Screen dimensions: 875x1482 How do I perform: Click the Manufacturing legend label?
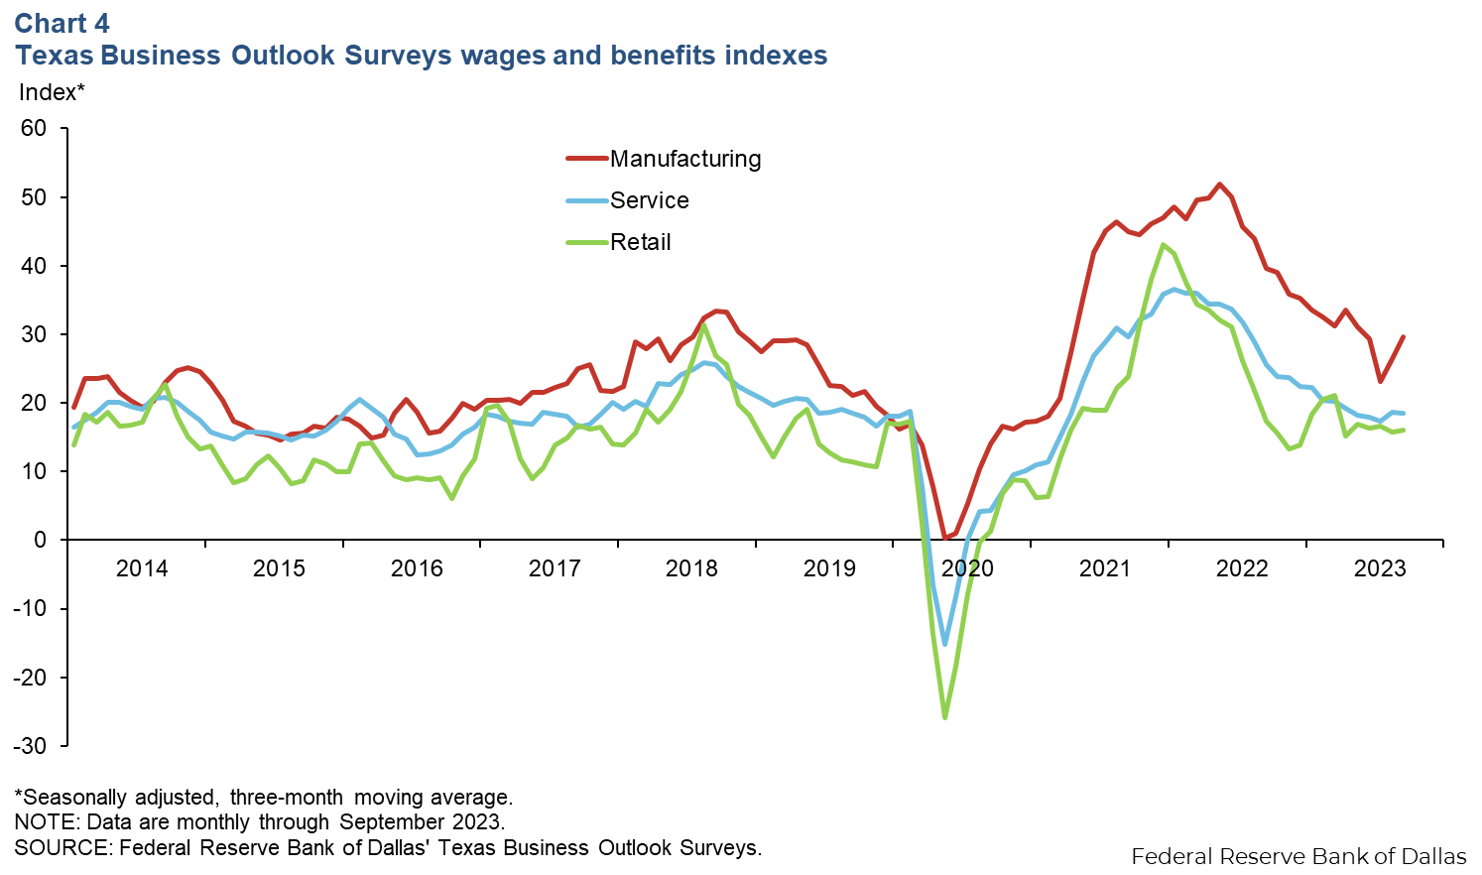tap(685, 159)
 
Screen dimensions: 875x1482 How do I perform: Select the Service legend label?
tap(649, 200)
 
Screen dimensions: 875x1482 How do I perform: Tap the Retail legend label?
tap(640, 242)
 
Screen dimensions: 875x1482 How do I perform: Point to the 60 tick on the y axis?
tap(34, 128)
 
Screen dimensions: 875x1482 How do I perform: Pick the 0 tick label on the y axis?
tap(40, 540)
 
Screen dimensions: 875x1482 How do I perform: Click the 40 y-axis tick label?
tap(34, 266)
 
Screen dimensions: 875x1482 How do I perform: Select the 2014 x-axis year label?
tap(142, 568)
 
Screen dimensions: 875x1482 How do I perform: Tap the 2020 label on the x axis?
tap(967, 568)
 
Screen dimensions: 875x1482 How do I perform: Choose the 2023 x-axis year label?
tap(1380, 568)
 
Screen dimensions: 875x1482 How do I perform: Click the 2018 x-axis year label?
tap(691, 568)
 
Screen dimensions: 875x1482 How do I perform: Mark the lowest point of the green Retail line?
tap(944, 717)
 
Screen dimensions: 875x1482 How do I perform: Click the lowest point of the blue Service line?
tap(944, 644)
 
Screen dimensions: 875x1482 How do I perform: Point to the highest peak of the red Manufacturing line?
tap(1219, 184)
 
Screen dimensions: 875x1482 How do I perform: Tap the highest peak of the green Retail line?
tap(1163, 244)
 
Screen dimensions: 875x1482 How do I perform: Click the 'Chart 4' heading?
tap(62, 24)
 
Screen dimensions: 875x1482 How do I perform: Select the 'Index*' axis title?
tap(52, 92)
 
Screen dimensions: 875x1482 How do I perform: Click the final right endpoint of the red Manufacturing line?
tap(1403, 337)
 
